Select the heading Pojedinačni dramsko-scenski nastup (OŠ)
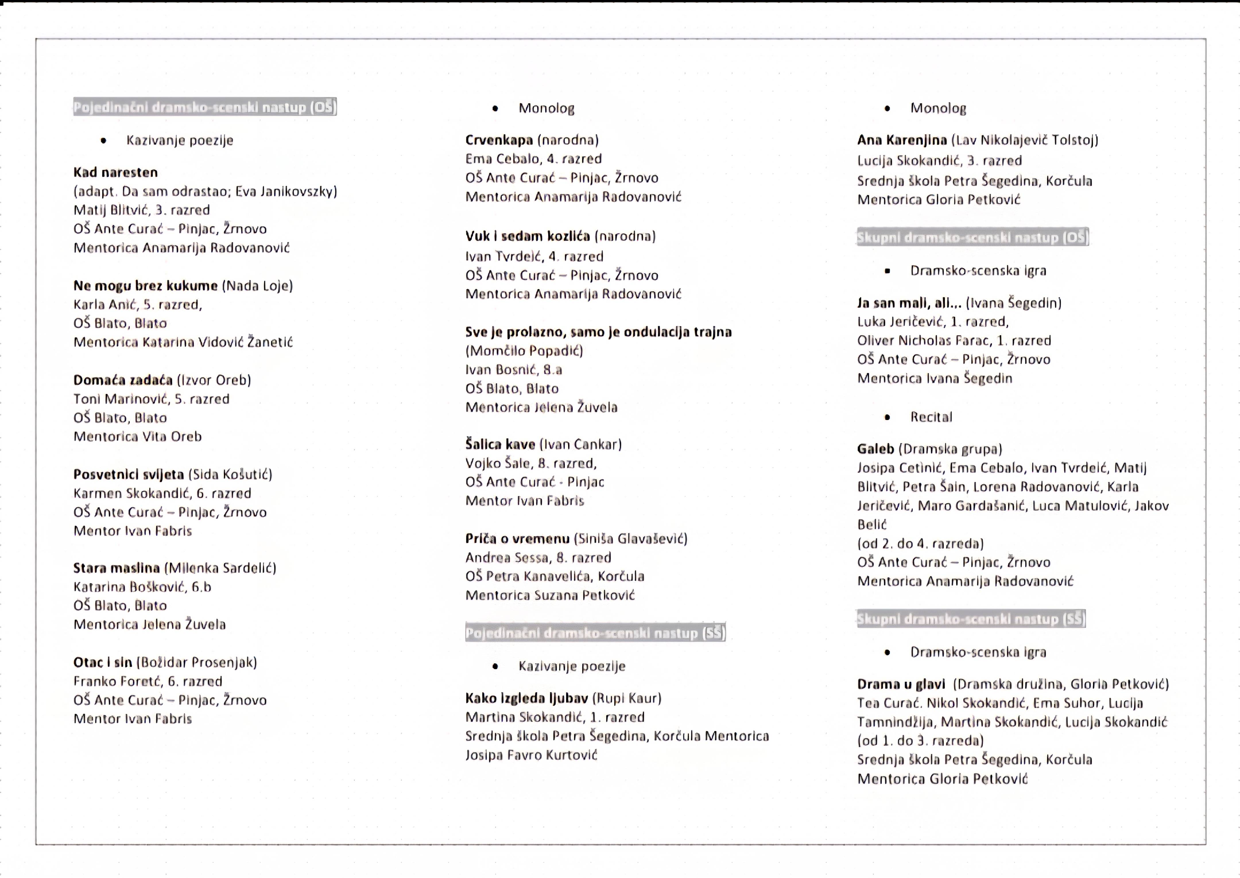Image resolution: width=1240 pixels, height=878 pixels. [x=205, y=107]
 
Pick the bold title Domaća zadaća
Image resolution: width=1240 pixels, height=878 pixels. [x=123, y=380]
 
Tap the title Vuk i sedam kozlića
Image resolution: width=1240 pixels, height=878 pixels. [x=527, y=236]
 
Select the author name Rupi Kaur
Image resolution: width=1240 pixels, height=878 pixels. [x=627, y=698]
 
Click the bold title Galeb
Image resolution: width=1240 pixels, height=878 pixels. [x=875, y=449]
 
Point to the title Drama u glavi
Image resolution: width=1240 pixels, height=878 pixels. [x=901, y=684]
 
